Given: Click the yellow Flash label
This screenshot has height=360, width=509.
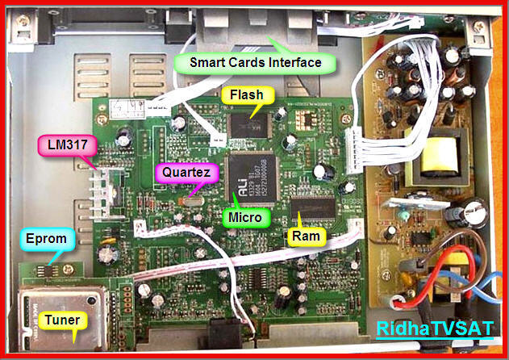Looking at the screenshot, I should click(x=247, y=95).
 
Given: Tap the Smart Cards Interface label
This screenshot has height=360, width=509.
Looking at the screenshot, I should click(x=255, y=62).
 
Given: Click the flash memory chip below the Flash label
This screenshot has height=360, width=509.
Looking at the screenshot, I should click(x=248, y=122).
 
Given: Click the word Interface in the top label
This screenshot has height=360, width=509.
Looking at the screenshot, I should click(x=294, y=62).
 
